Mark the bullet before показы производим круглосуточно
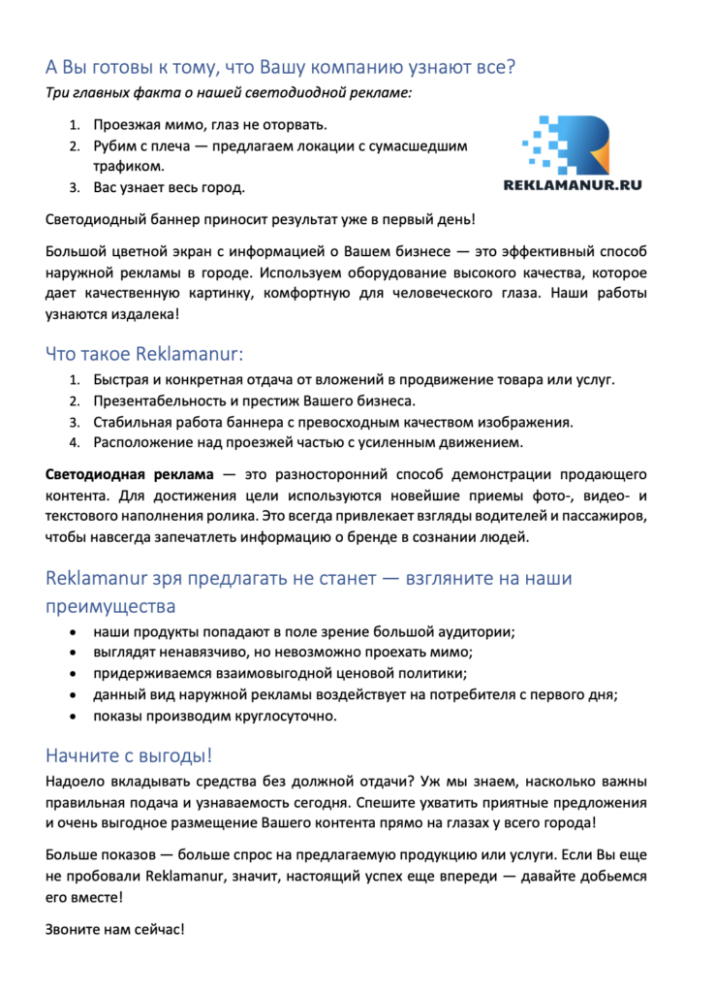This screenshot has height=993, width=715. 75,716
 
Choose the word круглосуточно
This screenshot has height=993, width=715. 281,716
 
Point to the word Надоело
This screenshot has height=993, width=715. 76,782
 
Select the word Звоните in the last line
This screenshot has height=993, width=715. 73,928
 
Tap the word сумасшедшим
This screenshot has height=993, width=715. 422,145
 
